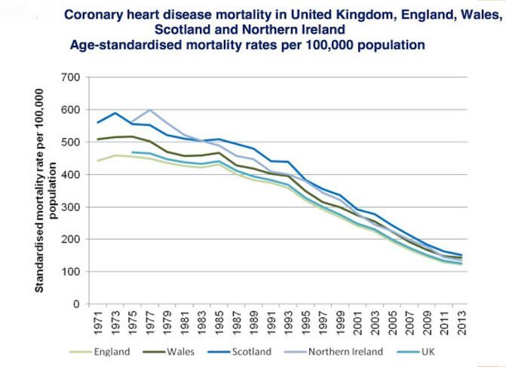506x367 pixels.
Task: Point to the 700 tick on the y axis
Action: pyautogui.click(x=70, y=77)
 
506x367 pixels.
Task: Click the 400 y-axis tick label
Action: pyautogui.click(x=70, y=174)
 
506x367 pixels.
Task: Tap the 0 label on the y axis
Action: pyautogui.click(x=76, y=304)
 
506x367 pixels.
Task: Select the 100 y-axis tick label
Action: pyautogui.click(x=70, y=271)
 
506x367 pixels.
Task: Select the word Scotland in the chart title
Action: pyautogui.click(x=185, y=29)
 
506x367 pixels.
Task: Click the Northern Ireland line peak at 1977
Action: pyautogui.click(x=149, y=110)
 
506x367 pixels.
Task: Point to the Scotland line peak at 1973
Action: pyautogui.click(x=115, y=113)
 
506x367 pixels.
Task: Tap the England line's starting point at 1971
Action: pyautogui.click(x=97, y=161)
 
